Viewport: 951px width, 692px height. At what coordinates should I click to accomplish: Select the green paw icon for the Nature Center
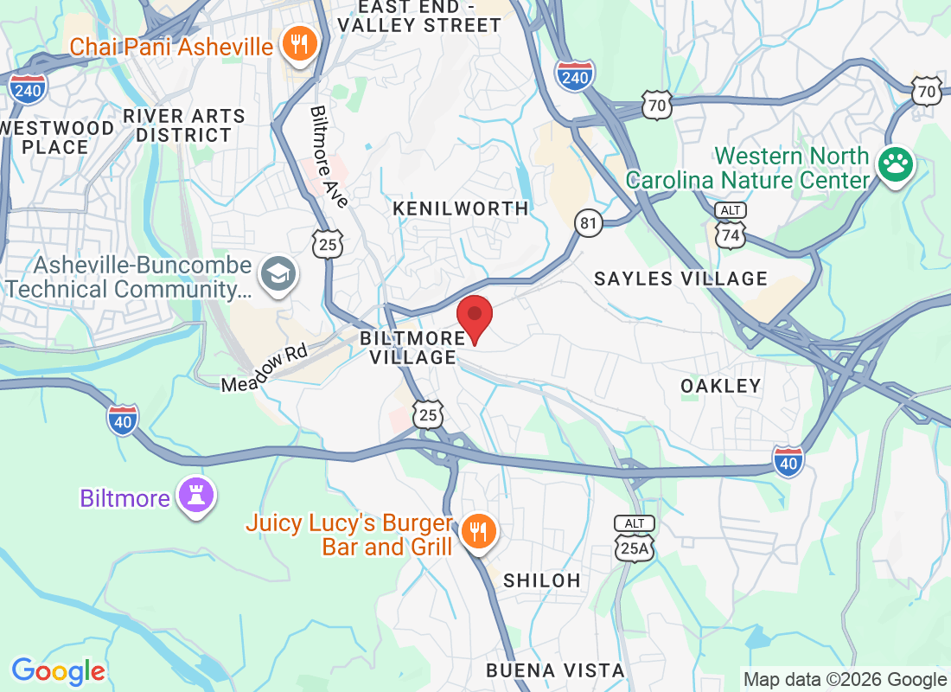895,163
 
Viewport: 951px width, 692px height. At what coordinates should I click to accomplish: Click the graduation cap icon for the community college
278,274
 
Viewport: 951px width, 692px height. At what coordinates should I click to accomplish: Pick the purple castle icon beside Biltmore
195,496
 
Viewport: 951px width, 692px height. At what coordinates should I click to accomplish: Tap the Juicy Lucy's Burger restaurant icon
476,531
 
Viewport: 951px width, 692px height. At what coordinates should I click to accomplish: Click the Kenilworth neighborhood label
460,208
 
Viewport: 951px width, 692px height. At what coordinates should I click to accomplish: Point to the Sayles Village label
681,279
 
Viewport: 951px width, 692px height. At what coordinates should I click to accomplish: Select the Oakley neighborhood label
720,386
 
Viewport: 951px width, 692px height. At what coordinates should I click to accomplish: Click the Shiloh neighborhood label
542,580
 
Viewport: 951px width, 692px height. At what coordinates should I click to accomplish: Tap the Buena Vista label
554,670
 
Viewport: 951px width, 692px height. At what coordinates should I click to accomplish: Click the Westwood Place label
55,138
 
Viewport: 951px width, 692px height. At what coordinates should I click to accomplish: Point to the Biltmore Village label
408,347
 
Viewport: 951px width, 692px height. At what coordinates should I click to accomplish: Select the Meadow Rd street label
265,368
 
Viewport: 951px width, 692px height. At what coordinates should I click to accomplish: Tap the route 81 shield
589,224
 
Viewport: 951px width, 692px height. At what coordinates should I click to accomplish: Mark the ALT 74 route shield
731,227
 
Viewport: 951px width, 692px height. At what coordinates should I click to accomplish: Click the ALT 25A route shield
635,540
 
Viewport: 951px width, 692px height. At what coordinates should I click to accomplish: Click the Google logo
58,670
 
